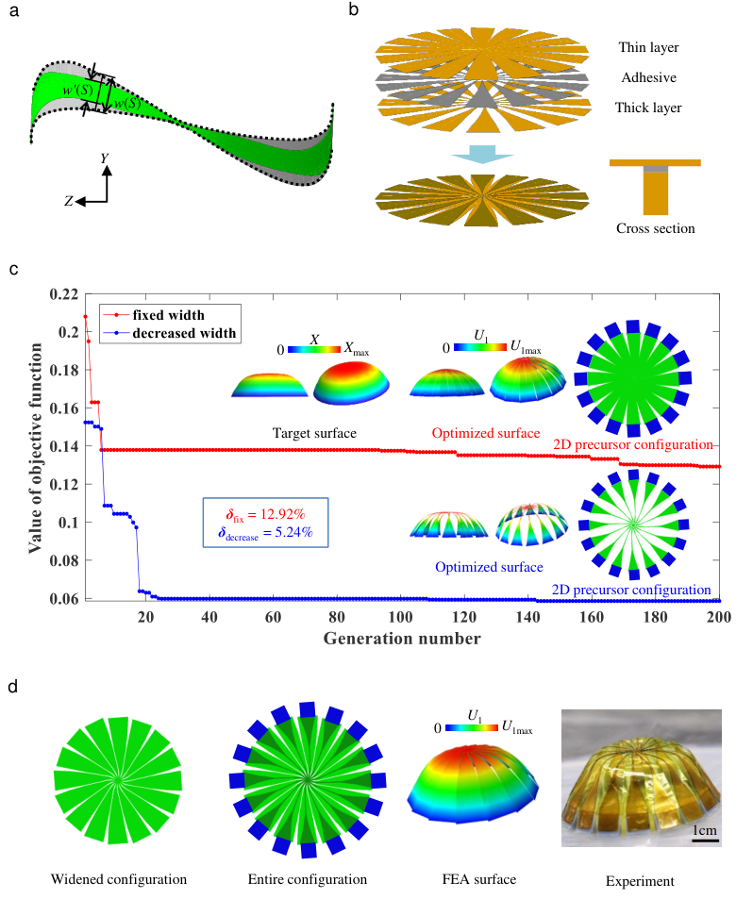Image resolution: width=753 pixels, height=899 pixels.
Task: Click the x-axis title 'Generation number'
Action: tap(402, 639)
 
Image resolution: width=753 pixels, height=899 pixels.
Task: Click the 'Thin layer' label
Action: tap(648, 46)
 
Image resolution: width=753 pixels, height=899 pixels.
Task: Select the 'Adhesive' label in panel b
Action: tap(648, 77)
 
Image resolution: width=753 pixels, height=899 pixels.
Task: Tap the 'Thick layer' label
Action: tap(648, 108)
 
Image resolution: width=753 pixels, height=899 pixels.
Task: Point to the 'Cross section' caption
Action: tap(654, 228)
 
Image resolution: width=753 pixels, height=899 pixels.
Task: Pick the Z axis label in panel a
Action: tap(69, 200)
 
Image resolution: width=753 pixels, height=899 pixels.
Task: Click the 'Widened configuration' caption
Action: tap(118, 879)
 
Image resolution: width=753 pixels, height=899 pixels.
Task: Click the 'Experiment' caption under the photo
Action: tap(641, 881)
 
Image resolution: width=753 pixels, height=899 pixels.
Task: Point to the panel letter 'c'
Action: tap(12, 269)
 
